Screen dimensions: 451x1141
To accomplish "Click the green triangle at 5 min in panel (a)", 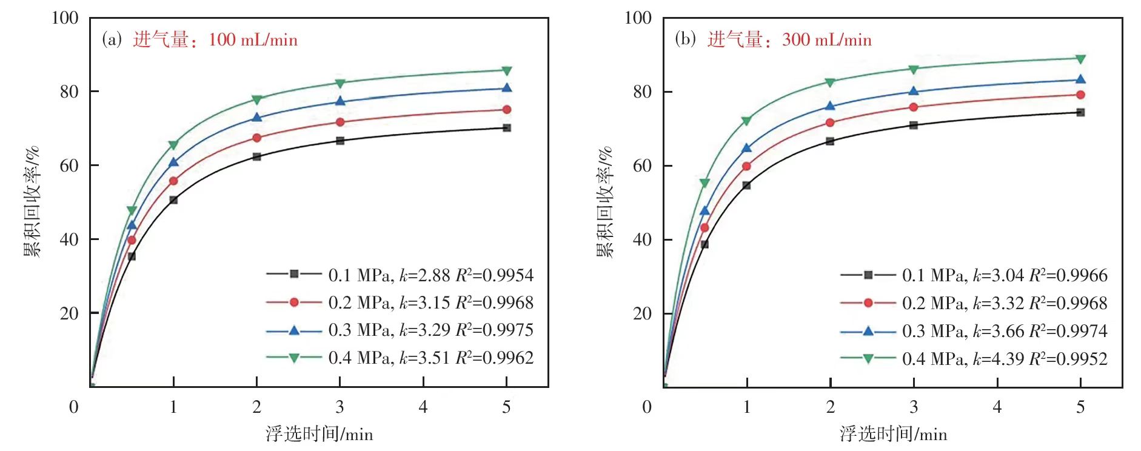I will (507, 71).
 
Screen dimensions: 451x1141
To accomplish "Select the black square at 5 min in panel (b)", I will (1080, 112).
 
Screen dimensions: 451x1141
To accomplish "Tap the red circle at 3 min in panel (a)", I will (340, 122).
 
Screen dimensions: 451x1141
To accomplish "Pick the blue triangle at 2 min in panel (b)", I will (830, 106).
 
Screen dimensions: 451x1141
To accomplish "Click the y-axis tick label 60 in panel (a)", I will (69, 165).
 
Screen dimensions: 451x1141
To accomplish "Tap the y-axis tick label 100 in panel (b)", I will (638, 18).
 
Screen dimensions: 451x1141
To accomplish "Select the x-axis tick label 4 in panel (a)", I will (423, 407).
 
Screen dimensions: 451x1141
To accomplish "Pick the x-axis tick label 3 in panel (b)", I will (914, 407).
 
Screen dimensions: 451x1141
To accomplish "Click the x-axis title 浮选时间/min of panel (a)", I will (319, 434).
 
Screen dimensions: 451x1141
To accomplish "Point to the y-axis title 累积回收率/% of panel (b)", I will (605, 202).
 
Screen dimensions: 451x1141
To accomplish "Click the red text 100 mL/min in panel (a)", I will (253, 40).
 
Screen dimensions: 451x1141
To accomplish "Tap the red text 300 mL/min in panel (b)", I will (827, 40).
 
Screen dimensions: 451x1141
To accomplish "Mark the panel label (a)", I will (112, 40).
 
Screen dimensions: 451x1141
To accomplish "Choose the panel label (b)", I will (685, 40).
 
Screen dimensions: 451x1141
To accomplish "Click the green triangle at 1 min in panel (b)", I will (746, 121).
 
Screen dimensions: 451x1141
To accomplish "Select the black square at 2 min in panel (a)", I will (256, 156).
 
